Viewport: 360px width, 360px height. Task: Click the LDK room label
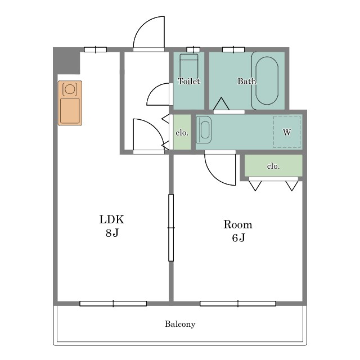pos(112,219)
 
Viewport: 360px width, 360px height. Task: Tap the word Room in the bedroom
pos(238,224)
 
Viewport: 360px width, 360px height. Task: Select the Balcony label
pos(180,324)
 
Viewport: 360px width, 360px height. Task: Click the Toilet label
pos(189,81)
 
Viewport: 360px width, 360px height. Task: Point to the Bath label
pos(246,81)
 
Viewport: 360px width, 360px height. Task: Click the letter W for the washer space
pos(287,132)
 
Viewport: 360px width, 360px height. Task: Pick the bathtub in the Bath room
pos(267,80)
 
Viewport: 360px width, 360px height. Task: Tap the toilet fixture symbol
pos(189,66)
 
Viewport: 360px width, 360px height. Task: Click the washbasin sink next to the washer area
pos(204,130)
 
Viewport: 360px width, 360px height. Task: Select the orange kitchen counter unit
pos(70,103)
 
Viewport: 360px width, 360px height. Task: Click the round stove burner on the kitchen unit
pos(70,89)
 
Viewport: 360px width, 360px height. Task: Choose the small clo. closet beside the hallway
pos(182,132)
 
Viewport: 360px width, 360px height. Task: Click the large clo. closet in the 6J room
pos(273,165)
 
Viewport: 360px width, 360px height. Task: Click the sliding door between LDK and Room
pos(171,228)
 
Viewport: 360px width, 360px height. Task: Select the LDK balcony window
pos(113,304)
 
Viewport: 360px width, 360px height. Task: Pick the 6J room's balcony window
pos(238,304)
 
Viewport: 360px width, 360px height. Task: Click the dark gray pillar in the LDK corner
pos(66,61)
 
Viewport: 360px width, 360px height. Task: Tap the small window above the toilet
pos(193,49)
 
